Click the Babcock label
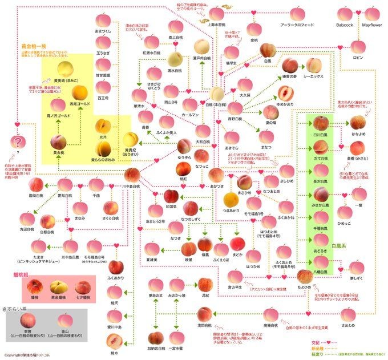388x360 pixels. coord(345,25)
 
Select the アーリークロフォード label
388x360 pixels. coord(297,25)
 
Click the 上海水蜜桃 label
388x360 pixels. coord(216,25)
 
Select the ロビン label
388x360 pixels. coord(358,58)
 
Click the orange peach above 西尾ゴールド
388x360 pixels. coord(79,92)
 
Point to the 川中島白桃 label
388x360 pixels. coord(131,187)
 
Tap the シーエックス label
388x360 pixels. coord(313,76)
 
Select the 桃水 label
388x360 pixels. coord(114,353)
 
